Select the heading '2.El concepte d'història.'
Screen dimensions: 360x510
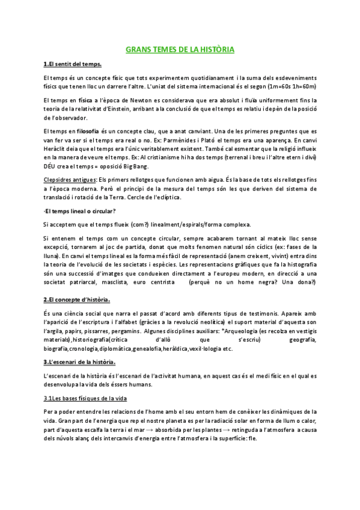click(x=77, y=300)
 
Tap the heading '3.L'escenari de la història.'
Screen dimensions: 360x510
click(x=80, y=362)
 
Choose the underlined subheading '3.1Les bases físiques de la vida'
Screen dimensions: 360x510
click(x=85, y=398)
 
